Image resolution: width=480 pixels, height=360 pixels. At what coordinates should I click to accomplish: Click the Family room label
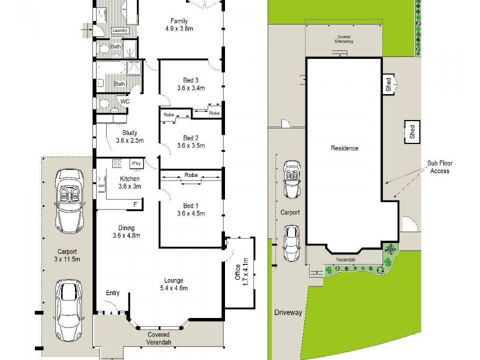click(x=183, y=21)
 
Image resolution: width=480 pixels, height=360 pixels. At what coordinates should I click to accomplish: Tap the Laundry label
click(x=120, y=31)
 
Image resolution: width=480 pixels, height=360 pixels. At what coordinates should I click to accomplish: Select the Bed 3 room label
click(x=191, y=80)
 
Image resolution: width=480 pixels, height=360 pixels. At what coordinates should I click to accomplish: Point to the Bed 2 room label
click(x=191, y=137)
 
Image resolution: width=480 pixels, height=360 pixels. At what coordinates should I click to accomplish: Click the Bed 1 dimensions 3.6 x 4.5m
click(x=191, y=214)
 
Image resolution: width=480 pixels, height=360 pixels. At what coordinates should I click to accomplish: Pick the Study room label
click(x=130, y=133)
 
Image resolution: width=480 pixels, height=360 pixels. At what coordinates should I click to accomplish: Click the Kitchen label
click(x=130, y=179)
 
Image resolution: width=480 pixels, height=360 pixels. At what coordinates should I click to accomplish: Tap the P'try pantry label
click(x=136, y=163)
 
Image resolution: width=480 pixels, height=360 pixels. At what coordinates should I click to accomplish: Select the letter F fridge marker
click(x=135, y=205)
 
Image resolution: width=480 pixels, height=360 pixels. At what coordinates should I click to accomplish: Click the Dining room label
click(x=126, y=227)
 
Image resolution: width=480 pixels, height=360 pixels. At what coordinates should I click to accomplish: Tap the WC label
click(x=125, y=101)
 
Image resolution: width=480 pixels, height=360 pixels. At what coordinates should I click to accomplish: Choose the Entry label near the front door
click(x=112, y=293)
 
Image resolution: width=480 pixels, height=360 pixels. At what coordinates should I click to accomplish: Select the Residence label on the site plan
click(x=344, y=148)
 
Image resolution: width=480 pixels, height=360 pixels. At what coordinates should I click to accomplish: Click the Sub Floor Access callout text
click(x=439, y=167)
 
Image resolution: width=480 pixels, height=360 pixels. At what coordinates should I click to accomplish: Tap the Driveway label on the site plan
click(x=287, y=313)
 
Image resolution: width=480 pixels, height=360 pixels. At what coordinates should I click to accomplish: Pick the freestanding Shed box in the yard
click(x=412, y=131)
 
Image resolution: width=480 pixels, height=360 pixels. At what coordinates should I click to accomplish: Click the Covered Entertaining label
click(x=344, y=40)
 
